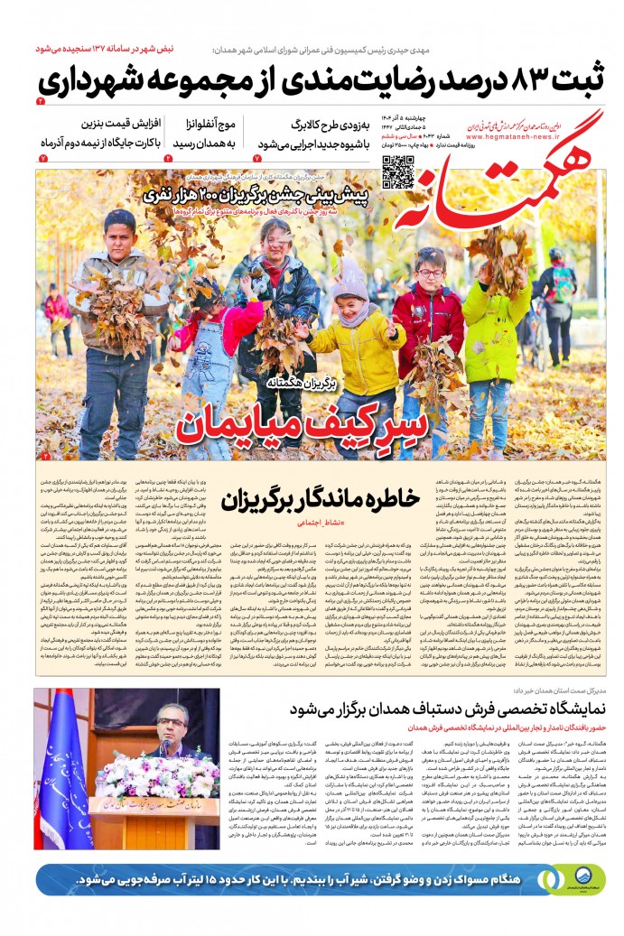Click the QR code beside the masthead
396,171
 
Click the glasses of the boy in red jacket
433,273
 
